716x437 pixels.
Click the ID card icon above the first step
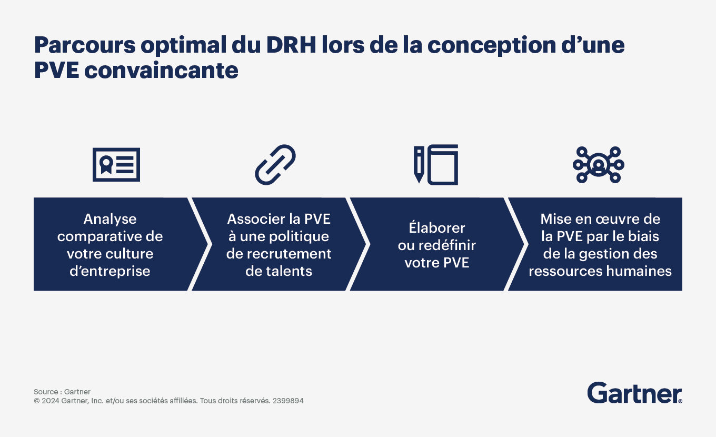[116, 165]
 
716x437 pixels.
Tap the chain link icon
[275, 165]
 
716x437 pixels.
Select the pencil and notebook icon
[436, 165]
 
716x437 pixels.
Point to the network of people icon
[599, 165]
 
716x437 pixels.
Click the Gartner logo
[634, 393]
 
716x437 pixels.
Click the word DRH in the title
[291, 45]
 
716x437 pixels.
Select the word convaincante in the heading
[162, 71]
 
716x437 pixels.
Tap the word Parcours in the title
[85, 45]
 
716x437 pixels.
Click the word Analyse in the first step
[110, 220]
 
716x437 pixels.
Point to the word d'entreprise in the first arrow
[110, 271]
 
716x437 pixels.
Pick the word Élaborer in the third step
[436, 227]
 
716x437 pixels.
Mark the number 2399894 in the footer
[287, 401]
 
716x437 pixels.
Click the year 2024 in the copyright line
[50, 401]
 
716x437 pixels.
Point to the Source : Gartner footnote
[62, 392]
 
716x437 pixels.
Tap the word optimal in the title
[183, 46]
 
